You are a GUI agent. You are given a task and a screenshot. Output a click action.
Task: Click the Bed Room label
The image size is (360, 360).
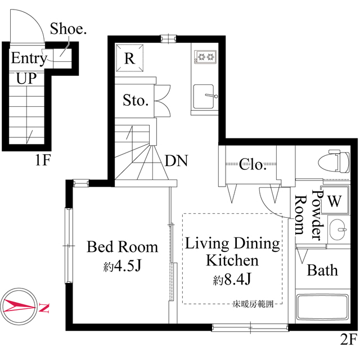(122, 247)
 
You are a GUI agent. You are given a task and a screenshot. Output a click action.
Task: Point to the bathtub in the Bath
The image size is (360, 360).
(322, 308)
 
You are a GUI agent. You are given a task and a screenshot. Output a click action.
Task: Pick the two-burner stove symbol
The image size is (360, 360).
(206, 56)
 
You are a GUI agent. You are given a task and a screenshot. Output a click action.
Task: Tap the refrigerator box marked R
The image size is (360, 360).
(130, 58)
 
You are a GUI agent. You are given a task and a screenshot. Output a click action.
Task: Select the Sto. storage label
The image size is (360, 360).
(136, 101)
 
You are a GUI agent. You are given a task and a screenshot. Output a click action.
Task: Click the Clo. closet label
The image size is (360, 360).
(253, 165)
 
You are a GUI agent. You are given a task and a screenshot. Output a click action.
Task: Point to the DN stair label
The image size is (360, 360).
(176, 161)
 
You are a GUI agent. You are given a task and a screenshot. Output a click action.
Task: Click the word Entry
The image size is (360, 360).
(29, 58)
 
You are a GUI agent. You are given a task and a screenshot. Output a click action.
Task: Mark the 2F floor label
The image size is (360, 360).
(348, 339)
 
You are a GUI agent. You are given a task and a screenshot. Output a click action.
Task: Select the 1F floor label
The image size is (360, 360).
(43, 161)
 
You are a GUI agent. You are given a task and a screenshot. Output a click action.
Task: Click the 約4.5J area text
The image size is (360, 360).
(121, 266)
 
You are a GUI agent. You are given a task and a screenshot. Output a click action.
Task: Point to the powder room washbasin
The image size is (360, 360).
(339, 229)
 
